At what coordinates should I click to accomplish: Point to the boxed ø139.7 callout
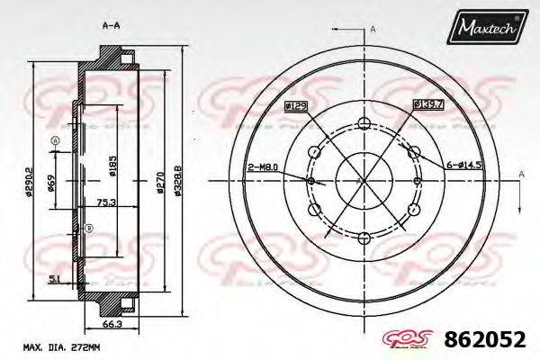pyautogui.click(x=427, y=104)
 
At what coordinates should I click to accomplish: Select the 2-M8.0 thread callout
pyautogui.click(x=262, y=166)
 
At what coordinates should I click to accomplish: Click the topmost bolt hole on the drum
pyautogui.click(x=364, y=124)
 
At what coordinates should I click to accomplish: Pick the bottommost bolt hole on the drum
pyautogui.click(x=364, y=238)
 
